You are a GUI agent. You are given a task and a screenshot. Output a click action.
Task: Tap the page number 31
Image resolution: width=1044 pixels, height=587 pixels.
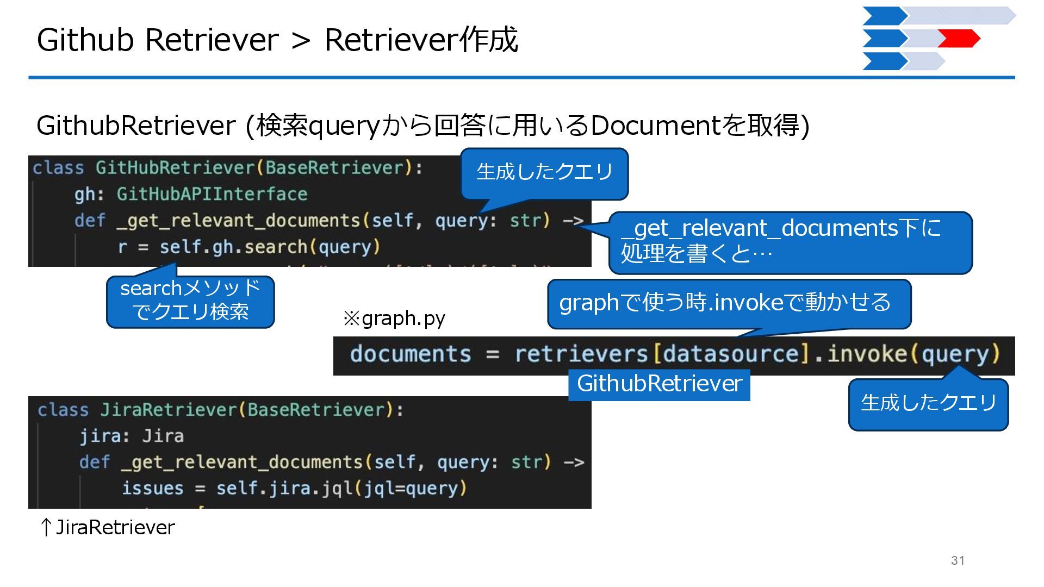click(958, 560)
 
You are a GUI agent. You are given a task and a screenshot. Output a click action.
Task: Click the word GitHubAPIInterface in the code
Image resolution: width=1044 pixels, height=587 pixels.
click(212, 194)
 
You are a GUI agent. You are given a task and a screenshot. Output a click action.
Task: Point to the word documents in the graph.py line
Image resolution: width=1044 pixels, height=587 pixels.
click(411, 354)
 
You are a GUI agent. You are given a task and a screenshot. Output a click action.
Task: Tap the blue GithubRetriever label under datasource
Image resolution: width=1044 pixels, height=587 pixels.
click(659, 384)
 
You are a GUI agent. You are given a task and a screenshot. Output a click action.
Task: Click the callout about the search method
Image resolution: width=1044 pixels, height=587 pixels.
click(190, 301)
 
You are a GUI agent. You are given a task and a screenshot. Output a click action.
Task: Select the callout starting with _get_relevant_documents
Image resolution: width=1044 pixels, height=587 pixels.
click(790, 241)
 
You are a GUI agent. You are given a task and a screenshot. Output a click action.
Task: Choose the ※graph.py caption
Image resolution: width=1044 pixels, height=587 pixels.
click(394, 318)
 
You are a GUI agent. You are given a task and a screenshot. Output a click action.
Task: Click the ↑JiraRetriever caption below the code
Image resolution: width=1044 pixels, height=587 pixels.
click(108, 527)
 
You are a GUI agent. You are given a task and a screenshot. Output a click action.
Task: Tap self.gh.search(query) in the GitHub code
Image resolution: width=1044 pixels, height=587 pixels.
click(269, 247)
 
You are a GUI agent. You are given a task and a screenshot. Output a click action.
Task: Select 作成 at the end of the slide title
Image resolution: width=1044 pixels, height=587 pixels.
click(489, 40)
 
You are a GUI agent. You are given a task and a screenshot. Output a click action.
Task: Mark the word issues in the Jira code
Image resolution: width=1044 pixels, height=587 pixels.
click(153, 488)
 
